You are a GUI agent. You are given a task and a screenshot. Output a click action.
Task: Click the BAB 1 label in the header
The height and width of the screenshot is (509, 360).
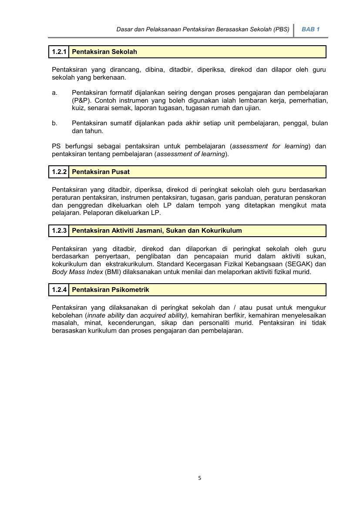(310, 30)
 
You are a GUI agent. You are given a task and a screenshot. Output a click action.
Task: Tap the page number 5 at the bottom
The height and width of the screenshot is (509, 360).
(200, 478)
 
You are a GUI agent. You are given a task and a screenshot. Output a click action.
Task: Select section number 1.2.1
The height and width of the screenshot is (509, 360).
(59, 52)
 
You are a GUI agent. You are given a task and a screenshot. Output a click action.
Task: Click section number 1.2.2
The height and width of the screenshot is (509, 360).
(59, 172)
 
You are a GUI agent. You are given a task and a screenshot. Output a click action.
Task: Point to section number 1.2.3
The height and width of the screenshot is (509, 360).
(59, 231)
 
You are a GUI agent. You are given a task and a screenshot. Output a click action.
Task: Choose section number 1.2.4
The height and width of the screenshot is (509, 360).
(59, 290)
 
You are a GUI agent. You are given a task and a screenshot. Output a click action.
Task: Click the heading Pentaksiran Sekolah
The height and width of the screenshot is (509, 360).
(104, 52)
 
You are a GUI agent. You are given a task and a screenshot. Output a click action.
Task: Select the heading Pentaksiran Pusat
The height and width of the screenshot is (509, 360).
(101, 172)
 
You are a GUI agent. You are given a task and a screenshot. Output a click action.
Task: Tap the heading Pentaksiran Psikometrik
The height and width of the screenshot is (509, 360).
(111, 290)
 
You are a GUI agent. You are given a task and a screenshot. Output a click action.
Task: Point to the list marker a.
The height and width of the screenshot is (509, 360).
(54, 93)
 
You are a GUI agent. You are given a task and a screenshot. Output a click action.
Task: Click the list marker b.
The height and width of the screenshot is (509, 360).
(54, 123)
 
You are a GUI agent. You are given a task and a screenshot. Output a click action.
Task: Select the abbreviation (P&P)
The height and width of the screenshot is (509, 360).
(81, 100)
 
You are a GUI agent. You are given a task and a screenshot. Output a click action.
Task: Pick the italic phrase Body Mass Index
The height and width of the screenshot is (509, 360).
(77, 272)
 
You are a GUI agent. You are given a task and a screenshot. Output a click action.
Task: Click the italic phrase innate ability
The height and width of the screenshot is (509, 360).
(106, 315)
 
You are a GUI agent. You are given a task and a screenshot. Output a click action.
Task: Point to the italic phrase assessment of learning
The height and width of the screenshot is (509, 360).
(191, 154)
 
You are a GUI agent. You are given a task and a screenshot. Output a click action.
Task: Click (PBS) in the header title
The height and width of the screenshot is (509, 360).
(282, 30)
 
